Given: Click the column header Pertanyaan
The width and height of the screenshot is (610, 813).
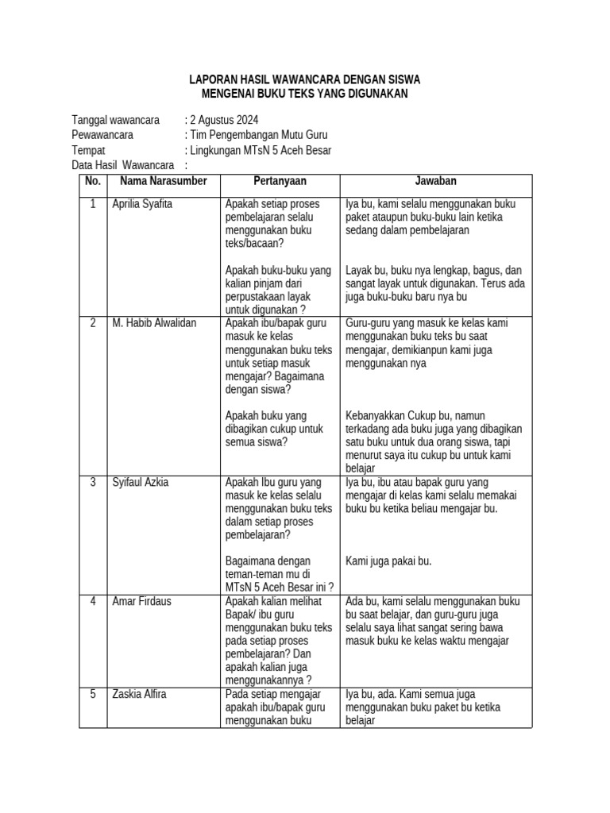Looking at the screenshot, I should (280, 181).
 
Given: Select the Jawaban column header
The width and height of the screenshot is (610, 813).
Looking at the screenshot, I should (436, 181).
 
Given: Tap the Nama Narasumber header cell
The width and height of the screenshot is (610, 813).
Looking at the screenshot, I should (163, 181).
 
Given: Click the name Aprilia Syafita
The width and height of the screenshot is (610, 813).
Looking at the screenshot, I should (142, 204).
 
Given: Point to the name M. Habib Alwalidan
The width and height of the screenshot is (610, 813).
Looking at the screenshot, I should (154, 323).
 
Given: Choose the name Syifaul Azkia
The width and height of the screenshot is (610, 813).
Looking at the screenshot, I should (141, 482).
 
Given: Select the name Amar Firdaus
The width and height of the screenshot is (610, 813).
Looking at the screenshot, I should (141, 601).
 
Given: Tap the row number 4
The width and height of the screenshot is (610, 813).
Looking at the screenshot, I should (93, 601).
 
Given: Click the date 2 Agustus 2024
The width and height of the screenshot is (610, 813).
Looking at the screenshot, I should (218, 120).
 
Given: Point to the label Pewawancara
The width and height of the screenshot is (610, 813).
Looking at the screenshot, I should (102, 135).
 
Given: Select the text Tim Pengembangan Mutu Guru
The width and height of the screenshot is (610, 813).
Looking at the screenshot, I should (257, 135).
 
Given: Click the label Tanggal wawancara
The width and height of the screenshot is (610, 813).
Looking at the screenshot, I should (116, 120).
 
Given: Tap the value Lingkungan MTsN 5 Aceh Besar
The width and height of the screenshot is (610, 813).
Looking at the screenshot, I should (260, 150).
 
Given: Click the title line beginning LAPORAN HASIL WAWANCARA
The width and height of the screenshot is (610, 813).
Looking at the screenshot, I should (304, 80).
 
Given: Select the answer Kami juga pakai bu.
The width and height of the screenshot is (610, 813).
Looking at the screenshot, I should (388, 561).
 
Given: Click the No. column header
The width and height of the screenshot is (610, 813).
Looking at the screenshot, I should (93, 181).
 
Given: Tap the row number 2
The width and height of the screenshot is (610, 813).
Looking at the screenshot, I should (93, 323).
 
